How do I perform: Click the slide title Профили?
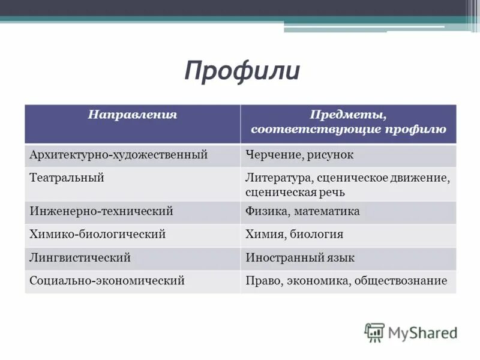pyautogui.click(x=241, y=71)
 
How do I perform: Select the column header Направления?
pyautogui.click(x=133, y=114)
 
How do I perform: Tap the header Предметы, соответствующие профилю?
pyautogui.click(x=348, y=122)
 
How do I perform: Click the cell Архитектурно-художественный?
pyautogui.click(x=118, y=155)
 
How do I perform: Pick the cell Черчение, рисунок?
pyautogui.click(x=299, y=155)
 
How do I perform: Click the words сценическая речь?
pyautogui.click(x=295, y=193)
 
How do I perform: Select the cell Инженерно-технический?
pyautogui.click(x=101, y=211)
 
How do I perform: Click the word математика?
pyautogui.click(x=327, y=211)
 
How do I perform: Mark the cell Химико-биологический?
pyautogui.click(x=97, y=234)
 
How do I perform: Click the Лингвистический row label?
pyautogui.click(x=80, y=257)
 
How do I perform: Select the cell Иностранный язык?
pyautogui.click(x=299, y=257)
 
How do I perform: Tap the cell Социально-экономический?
pyautogui.click(x=106, y=280)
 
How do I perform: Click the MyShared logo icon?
pyautogui.click(x=374, y=332)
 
